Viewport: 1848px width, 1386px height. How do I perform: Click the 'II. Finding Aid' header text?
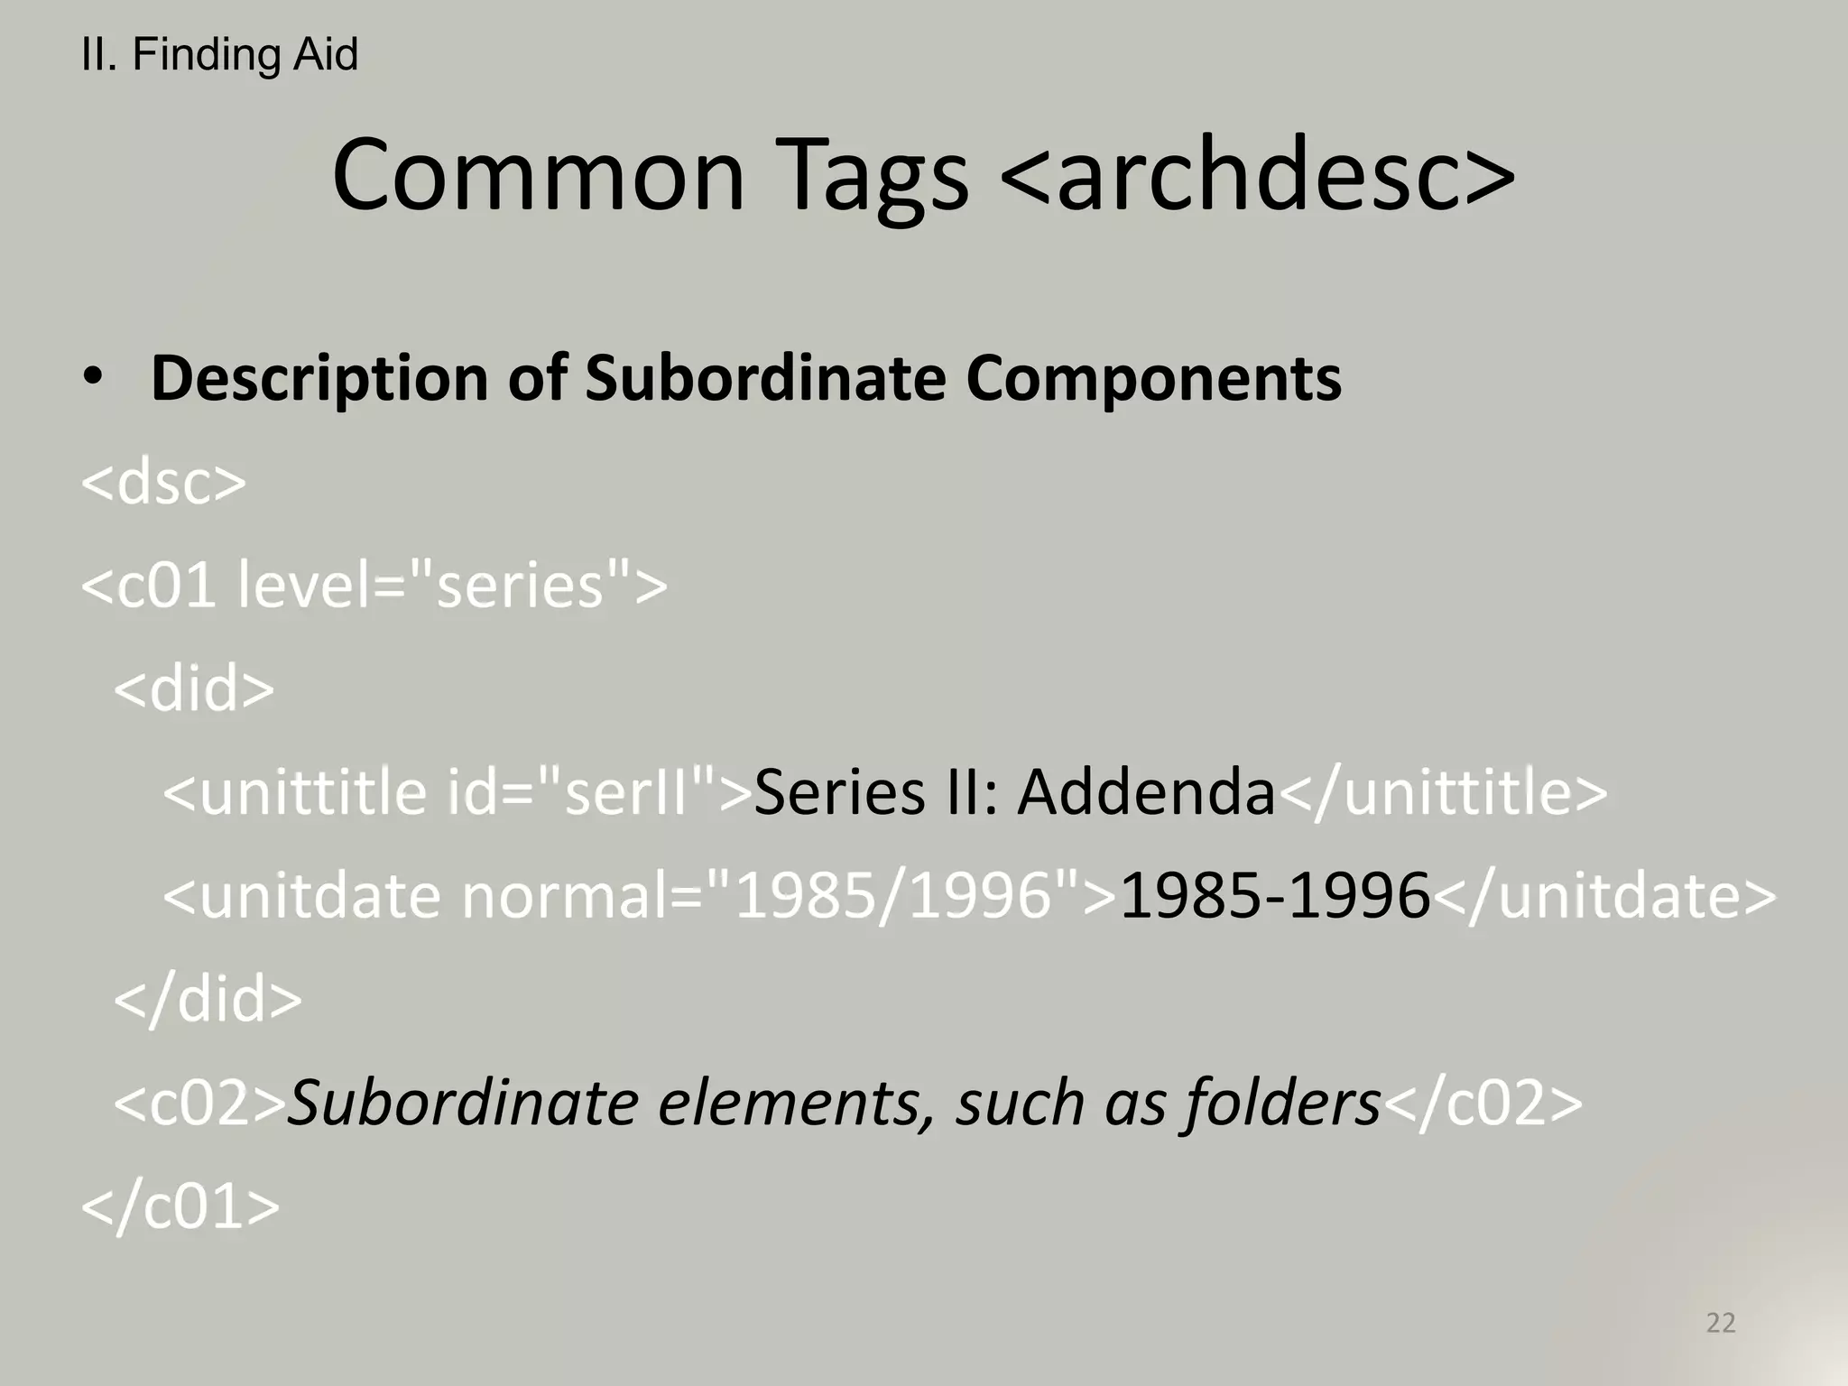219,55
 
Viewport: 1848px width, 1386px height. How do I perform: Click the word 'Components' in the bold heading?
1153,379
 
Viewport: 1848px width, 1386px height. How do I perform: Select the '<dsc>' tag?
163,483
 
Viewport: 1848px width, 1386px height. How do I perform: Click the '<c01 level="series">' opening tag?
374,586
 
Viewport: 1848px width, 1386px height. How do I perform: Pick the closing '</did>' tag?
208,1000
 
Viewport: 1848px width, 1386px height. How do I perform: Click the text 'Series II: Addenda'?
1014,792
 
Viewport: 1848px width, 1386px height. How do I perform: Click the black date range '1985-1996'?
1274,896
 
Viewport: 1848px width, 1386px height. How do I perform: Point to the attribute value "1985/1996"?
909,896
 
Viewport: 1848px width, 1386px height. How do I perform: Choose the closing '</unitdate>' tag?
1604,896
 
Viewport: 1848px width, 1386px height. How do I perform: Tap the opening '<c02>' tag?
199,1103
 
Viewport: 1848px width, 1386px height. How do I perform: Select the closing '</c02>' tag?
1483,1103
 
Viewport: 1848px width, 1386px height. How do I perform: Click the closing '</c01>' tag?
180,1206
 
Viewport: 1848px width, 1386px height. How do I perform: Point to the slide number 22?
1721,1323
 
